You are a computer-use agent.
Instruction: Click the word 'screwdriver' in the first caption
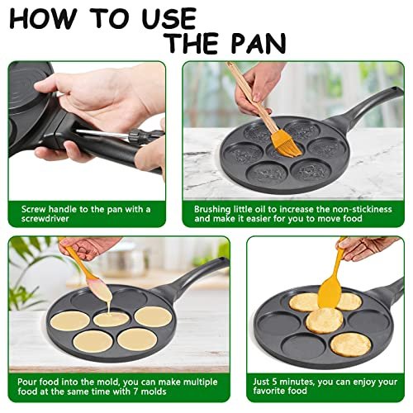click(39, 220)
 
